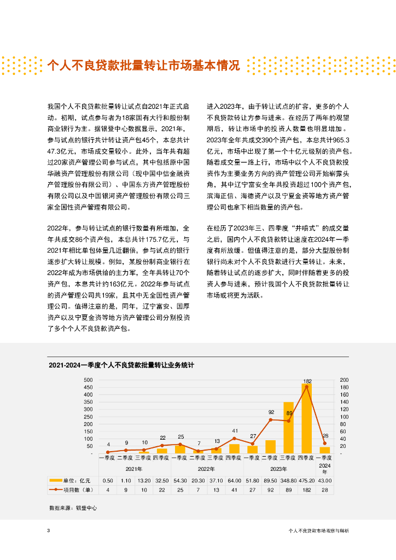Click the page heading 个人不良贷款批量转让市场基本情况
click(x=143, y=66)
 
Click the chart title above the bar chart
click(x=121, y=364)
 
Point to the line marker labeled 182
click(x=306, y=387)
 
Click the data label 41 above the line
click(x=234, y=431)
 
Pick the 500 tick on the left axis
click(x=88, y=380)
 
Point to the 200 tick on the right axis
click(x=344, y=380)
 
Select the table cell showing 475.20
click(x=306, y=481)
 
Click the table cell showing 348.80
click(x=288, y=481)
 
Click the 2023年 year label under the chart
click(x=279, y=469)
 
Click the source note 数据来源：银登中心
click(x=73, y=508)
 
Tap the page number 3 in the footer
click(x=49, y=530)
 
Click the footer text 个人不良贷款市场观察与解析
click(x=318, y=530)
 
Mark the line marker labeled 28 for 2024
click(x=324, y=443)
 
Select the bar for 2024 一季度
click(x=324, y=450)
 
